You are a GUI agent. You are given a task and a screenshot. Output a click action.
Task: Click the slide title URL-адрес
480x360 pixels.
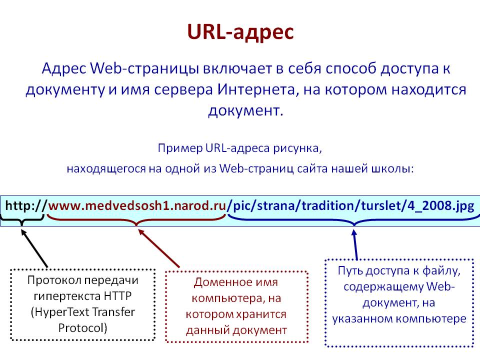pos(240,31)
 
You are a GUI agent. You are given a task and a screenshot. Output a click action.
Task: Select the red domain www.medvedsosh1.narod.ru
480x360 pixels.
pos(137,205)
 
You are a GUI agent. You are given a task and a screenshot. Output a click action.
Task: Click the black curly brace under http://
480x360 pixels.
pos(22,219)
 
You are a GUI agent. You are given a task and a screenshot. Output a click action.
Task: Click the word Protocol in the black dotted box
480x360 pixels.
pos(83,328)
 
